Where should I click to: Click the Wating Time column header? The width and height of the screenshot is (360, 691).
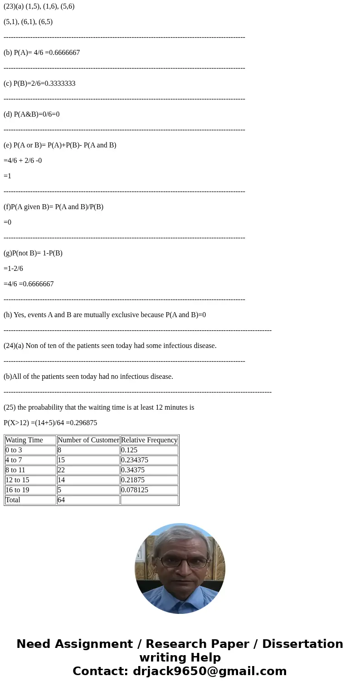point(24,440)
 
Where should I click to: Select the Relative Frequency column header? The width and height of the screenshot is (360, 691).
point(149,440)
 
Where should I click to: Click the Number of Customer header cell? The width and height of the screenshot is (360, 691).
point(88,440)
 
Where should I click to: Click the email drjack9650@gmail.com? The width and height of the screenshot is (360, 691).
point(209,671)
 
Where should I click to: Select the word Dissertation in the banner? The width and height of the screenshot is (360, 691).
point(302,644)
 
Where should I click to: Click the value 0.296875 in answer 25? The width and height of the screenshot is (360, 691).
point(83,423)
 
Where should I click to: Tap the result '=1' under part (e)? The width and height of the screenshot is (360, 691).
point(7,176)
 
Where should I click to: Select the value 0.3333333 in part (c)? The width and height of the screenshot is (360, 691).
point(60,83)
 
